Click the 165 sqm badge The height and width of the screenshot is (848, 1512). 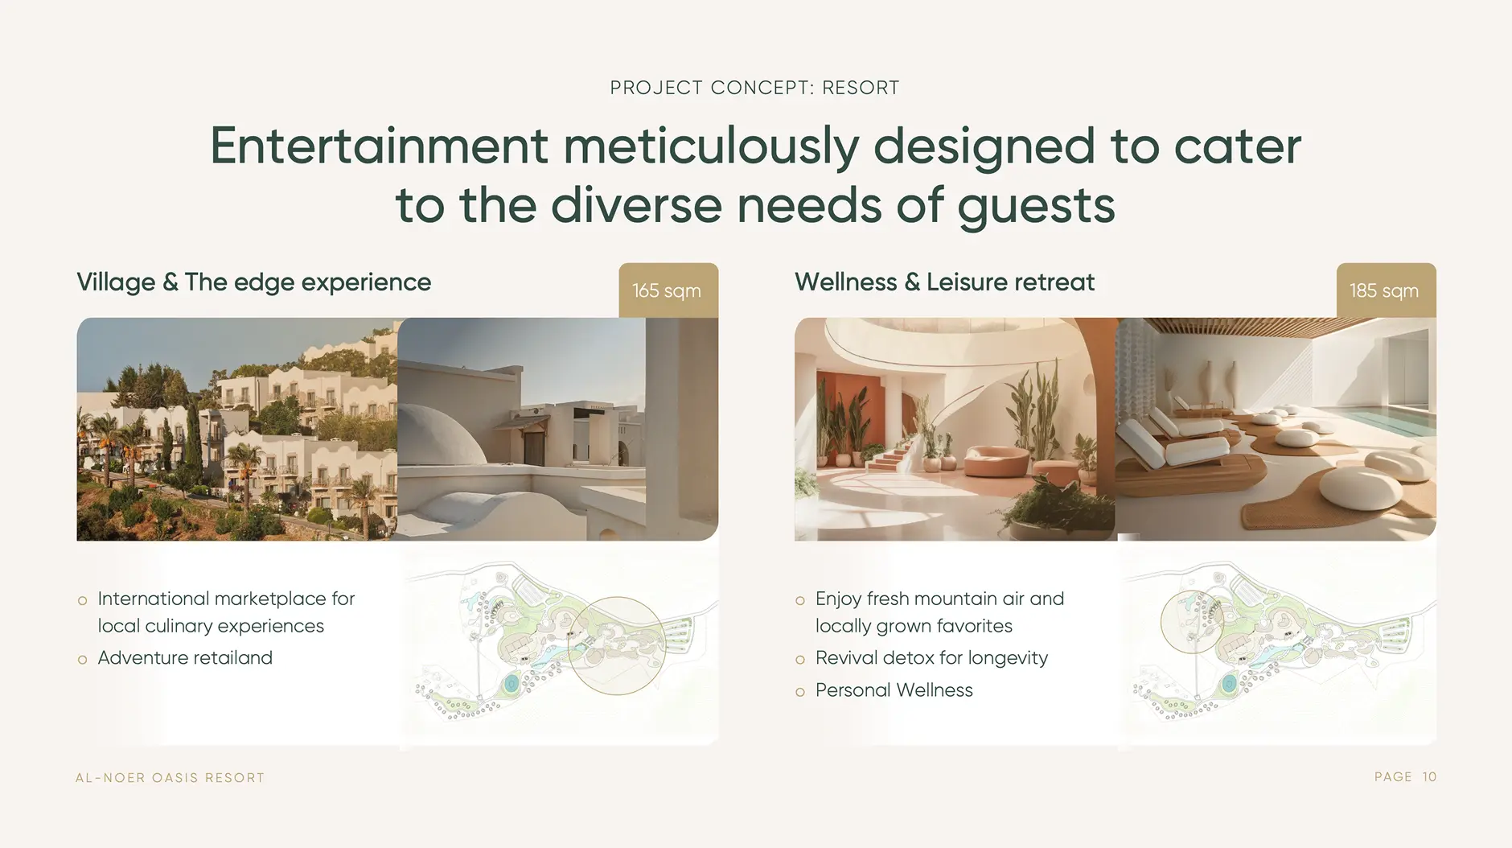coord(668,290)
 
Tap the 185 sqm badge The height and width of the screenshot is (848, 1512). coord(1386,290)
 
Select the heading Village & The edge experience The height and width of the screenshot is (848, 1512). coord(254,282)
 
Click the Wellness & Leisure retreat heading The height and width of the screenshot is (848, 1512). coord(944,282)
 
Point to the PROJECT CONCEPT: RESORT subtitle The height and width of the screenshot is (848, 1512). coord(755,88)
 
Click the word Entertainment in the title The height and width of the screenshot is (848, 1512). coord(379,146)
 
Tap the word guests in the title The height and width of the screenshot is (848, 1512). coord(1036,207)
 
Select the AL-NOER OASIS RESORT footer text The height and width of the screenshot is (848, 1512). coord(170,778)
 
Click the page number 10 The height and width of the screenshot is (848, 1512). coord(1429,777)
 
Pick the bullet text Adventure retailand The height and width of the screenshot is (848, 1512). coord(185,658)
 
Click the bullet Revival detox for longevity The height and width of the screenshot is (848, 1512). coord(931,658)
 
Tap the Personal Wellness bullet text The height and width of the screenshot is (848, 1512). coord(894,690)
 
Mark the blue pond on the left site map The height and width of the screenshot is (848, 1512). coord(512,685)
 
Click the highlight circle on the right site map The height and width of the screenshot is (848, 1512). coord(1161,621)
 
